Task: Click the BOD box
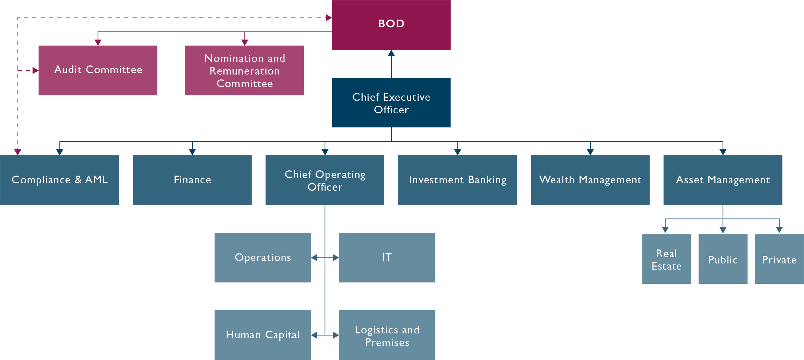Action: tap(391, 24)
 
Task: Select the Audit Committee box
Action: tap(98, 70)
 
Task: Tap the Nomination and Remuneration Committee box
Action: tap(244, 70)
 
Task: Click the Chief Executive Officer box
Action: tap(391, 103)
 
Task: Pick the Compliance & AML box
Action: tap(59, 180)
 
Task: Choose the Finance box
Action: tap(192, 180)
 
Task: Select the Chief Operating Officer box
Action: tap(325, 180)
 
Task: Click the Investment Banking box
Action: tap(457, 180)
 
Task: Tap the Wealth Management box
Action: tap(590, 180)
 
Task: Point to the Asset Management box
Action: tap(723, 180)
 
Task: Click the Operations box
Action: tap(263, 257)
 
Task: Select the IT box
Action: tap(387, 257)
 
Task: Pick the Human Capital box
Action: tap(263, 335)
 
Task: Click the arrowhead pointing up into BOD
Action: tap(391, 53)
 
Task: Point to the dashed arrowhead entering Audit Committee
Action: tap(35, 70)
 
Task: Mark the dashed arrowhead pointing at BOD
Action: tap(328, 17)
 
